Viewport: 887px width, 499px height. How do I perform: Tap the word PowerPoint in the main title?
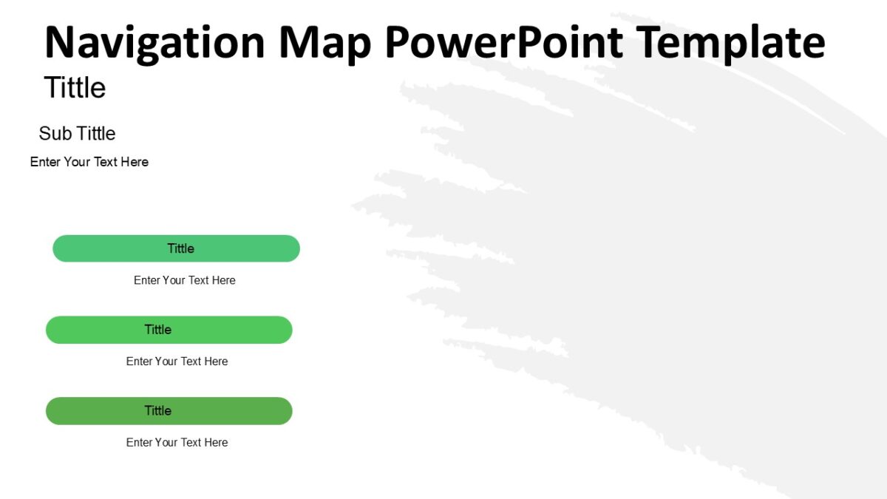pyautogui.click(x=503, y=42)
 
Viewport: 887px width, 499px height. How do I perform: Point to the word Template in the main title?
pyautogui.click(x=730, y=44)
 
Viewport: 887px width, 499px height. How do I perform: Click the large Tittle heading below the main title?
pyautogui.click(x=75, y=88)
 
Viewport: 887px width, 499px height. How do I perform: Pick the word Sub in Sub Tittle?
pyautogui.click(x=55, y=134)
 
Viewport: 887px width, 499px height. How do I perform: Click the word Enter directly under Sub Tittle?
pyautogui.click(x=45, y=162)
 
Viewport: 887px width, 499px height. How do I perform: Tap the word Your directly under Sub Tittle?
pyautogui.click(x=77, y=162)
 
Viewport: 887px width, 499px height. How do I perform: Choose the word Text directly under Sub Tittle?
pyautogui.click(x=106, y=162)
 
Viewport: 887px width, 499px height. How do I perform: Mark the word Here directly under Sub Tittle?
pyautogui.click(x=135, y=162)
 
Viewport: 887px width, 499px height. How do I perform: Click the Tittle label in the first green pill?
pyautogui.click(x=180, y=248)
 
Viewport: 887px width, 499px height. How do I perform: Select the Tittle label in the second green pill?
pyautogui.click(x=157, y=330)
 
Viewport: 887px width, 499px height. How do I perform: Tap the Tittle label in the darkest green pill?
pyautogui.click(x=157, y=411)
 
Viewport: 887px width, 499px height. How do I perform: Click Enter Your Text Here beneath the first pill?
pyautogui.click(x=184, y=280)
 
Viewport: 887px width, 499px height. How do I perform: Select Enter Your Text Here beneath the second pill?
pyautogui.click(x=177, y=361)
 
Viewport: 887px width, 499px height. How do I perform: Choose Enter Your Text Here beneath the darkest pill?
pyautogui.click(x=177, y=442)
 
